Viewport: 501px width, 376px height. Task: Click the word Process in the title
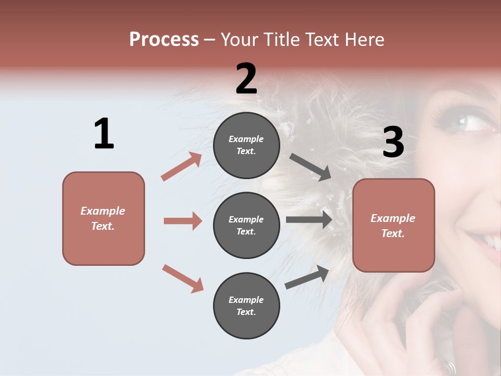pos(164,40)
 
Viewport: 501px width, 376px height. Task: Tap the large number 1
pos(104,134)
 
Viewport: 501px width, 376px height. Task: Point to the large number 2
pos(246,79)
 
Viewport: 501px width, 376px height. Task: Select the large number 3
pos(393,142)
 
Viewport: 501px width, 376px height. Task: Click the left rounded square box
pos(103,218)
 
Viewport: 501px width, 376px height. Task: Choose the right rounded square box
pos(393,225)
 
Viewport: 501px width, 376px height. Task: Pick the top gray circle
pos(246,145)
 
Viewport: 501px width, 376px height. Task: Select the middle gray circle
pos(246,225)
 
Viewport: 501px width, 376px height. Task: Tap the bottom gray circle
pos(246,305)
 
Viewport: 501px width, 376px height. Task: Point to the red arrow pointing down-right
pos(183,278)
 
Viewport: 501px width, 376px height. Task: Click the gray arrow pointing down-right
pos(311,167)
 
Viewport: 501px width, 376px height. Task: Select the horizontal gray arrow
pos(309,219)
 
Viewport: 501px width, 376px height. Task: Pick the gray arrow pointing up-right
pos(307,277)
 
